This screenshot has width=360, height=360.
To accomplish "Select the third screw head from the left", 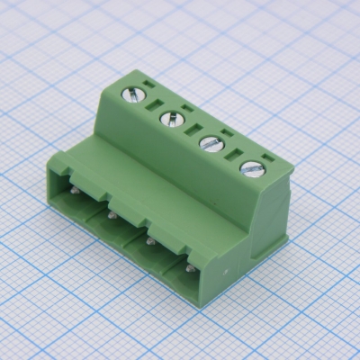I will pyautogui.click(x=211, y=142).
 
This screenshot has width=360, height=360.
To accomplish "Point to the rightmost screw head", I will pyautogui.click(x=253, y=168).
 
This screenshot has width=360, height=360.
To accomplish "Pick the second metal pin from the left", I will pyautogui.click(x=110, y=214).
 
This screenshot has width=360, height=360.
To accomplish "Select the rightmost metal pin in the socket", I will pyautogui.click(x=190, y=266).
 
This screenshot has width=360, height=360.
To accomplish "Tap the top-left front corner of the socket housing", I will pyautogui.click(x=52, y=156).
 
